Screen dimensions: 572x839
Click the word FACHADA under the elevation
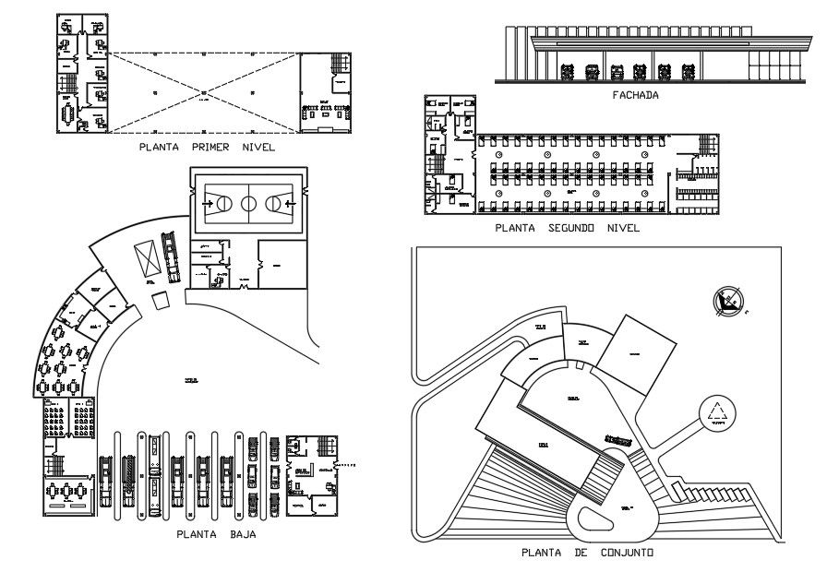coord(633,94)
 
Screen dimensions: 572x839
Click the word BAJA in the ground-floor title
coord(241,533)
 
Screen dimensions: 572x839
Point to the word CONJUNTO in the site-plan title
coord(618,553)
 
